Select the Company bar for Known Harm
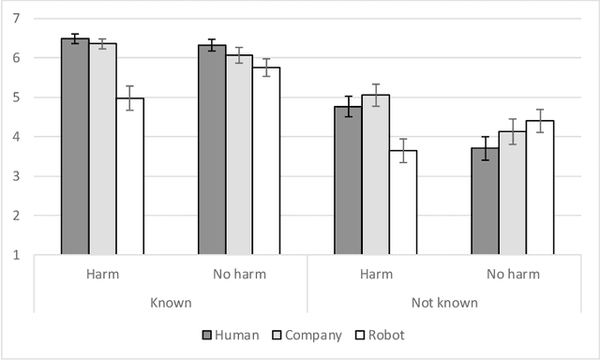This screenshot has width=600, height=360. coord(103,149)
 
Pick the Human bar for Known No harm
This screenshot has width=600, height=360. coord(212,150)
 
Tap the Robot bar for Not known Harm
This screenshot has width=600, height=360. coord(403,202)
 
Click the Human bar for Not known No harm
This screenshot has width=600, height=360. coord(486,201)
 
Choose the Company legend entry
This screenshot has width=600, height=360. coord(306,335)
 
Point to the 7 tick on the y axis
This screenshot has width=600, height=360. coord(18,19)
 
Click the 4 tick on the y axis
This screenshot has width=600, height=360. coord(18,137)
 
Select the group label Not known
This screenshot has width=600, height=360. coord(444,303)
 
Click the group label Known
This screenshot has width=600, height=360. coord(171,303)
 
